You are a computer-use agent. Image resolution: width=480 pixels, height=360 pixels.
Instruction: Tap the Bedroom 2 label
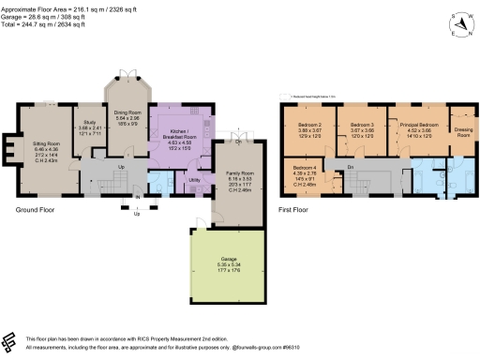[310, 124]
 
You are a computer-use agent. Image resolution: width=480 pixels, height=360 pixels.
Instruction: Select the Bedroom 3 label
[362, 124]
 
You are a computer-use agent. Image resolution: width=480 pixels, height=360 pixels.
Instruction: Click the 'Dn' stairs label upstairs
[350, 167]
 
